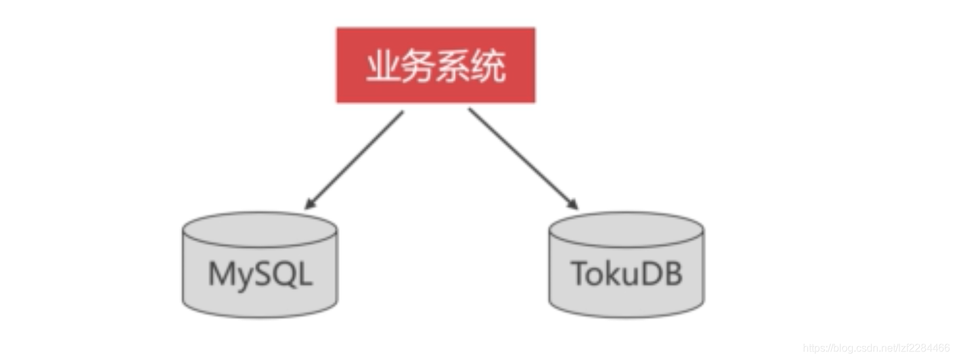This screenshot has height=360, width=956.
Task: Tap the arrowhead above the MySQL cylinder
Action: [309, 204]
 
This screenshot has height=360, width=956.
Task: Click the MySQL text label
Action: [260, 274]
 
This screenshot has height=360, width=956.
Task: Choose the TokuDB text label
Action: [626, 274]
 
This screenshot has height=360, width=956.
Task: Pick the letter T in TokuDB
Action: [578, 274]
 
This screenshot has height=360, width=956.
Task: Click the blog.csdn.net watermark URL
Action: [877, 348]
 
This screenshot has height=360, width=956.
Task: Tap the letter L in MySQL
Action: [305, 274]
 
